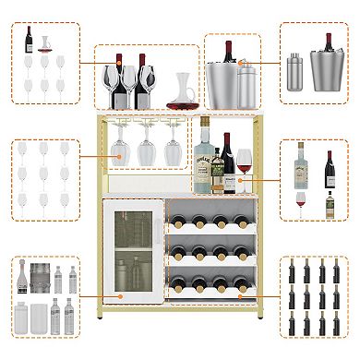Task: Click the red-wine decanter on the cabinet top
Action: [180, 93]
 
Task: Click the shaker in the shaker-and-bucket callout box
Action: [294, 66]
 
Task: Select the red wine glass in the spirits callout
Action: [301, 199]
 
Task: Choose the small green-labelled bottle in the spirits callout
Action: [330, 205]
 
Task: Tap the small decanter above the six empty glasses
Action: [45, 43]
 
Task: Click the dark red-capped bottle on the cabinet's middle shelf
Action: [226, 162]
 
